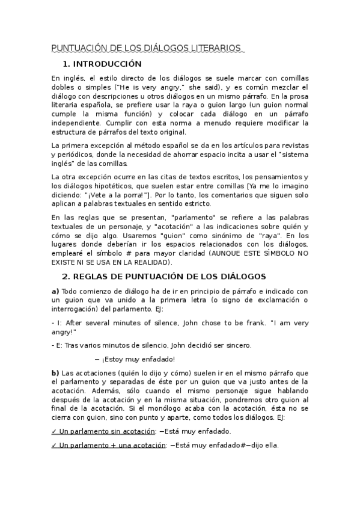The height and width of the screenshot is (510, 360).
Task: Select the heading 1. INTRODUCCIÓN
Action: coord(102,64)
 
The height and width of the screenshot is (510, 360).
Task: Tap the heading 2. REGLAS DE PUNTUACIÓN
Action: coord(163,277)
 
